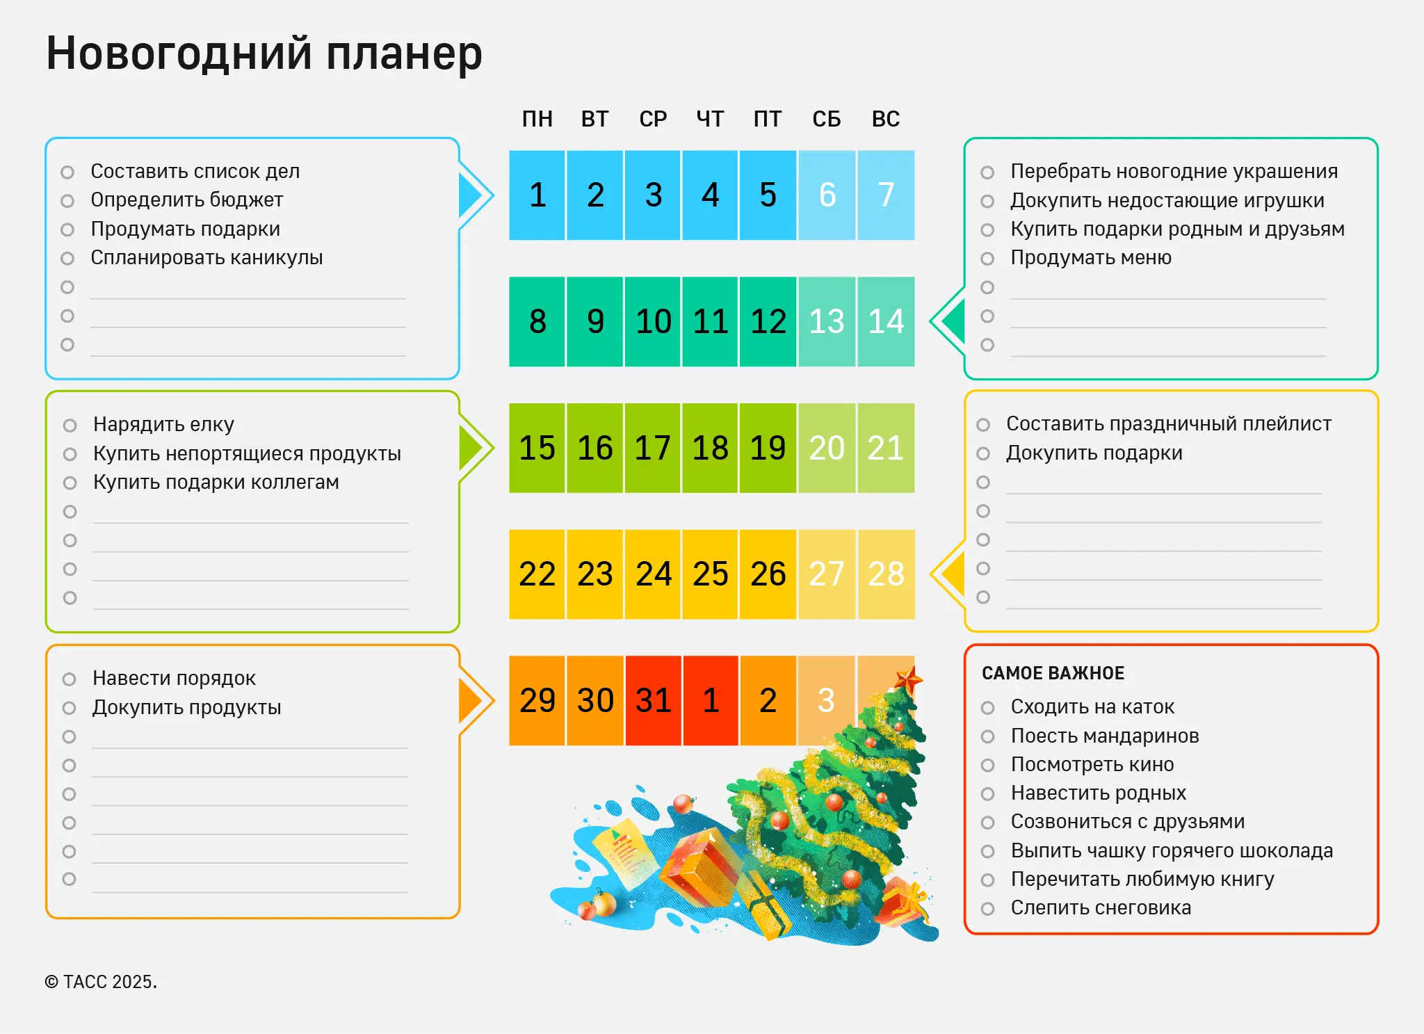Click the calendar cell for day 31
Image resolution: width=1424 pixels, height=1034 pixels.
(x=653, y=700)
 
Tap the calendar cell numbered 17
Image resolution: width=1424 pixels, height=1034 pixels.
(x=653, y=448)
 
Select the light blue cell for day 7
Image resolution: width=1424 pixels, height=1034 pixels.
(x=886, y=195)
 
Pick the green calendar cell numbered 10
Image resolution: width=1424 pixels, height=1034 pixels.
(x=653, y=321)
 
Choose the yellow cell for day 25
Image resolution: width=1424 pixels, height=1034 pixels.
(x=710, y=574)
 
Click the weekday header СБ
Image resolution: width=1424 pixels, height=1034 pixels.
(x=827, y=119)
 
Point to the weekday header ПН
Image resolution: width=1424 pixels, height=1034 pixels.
(x=537, y=119)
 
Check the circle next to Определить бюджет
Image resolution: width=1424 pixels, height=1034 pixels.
(x=67, y=201)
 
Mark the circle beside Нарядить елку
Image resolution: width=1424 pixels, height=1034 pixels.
(x=70, y=426)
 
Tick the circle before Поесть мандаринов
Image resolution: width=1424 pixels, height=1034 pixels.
(x=987, y=736)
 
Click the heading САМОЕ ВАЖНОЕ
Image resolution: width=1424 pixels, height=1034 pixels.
(x=1053, y=673)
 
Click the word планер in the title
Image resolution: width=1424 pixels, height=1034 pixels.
(x=404, y=54)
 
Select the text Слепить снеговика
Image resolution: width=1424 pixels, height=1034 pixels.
(x=1101, y=907)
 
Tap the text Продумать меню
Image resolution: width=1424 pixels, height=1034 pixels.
(x=1090, y=257)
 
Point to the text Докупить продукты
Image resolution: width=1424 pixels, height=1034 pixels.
(x=186, y=707)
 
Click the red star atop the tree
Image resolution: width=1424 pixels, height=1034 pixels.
(x=908, y=678)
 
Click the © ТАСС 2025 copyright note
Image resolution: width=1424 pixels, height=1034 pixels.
(x=101, y=982)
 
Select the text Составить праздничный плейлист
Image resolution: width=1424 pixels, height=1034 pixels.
(x=1168, y=423)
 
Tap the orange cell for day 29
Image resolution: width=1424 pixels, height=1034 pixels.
(x=537, y=700)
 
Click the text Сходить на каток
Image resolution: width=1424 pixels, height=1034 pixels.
(x=1092, y=706)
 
